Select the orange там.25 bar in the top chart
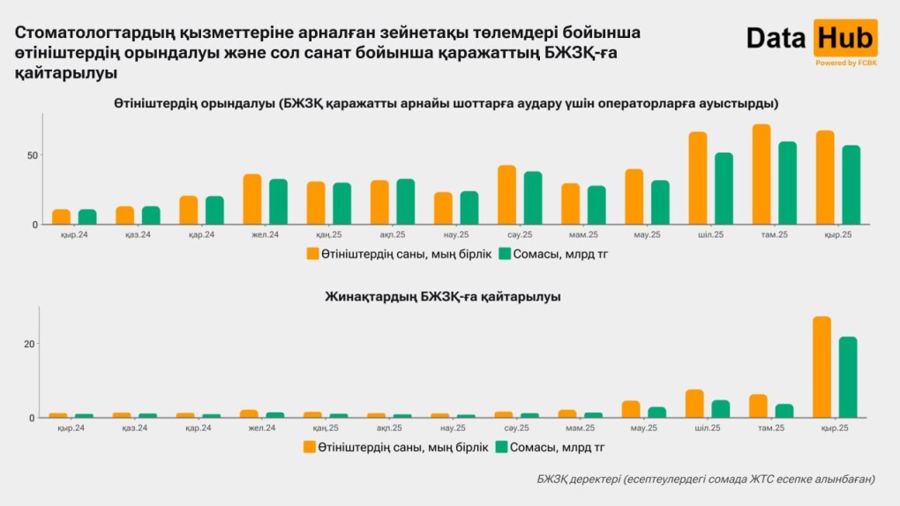pos(761,175)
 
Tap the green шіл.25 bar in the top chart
pos(724,189)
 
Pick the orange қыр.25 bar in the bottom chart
pos(821,367)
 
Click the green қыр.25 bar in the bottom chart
pos(848,377)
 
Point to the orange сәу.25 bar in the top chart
pos(506,195)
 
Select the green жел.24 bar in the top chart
pos(279,202)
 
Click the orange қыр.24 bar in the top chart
pos(61,217)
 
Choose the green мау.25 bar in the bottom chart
pos(657,412)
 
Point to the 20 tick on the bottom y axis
pos(29,344)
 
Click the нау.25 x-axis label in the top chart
pos(455,235)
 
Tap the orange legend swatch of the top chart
pos(312,254)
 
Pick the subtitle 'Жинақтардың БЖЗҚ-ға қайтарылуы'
pos(443,297)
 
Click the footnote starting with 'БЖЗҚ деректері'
pos(706,479)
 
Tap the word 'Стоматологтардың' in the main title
pos(84,33)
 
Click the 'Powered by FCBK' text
pos(845,63)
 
